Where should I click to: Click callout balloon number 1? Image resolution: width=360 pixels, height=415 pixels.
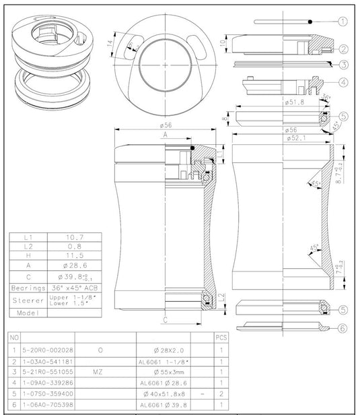point(343,22)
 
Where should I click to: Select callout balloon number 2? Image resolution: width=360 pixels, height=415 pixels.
point(343,49)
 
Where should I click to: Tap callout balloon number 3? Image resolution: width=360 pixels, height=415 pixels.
point(343,65)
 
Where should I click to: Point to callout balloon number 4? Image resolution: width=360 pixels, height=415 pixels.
point(343,83)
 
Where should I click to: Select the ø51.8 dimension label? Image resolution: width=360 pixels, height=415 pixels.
point(296,102)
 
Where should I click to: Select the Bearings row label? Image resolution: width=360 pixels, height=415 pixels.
point(28,287)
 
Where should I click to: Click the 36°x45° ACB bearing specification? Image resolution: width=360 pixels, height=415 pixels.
point(74,287)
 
